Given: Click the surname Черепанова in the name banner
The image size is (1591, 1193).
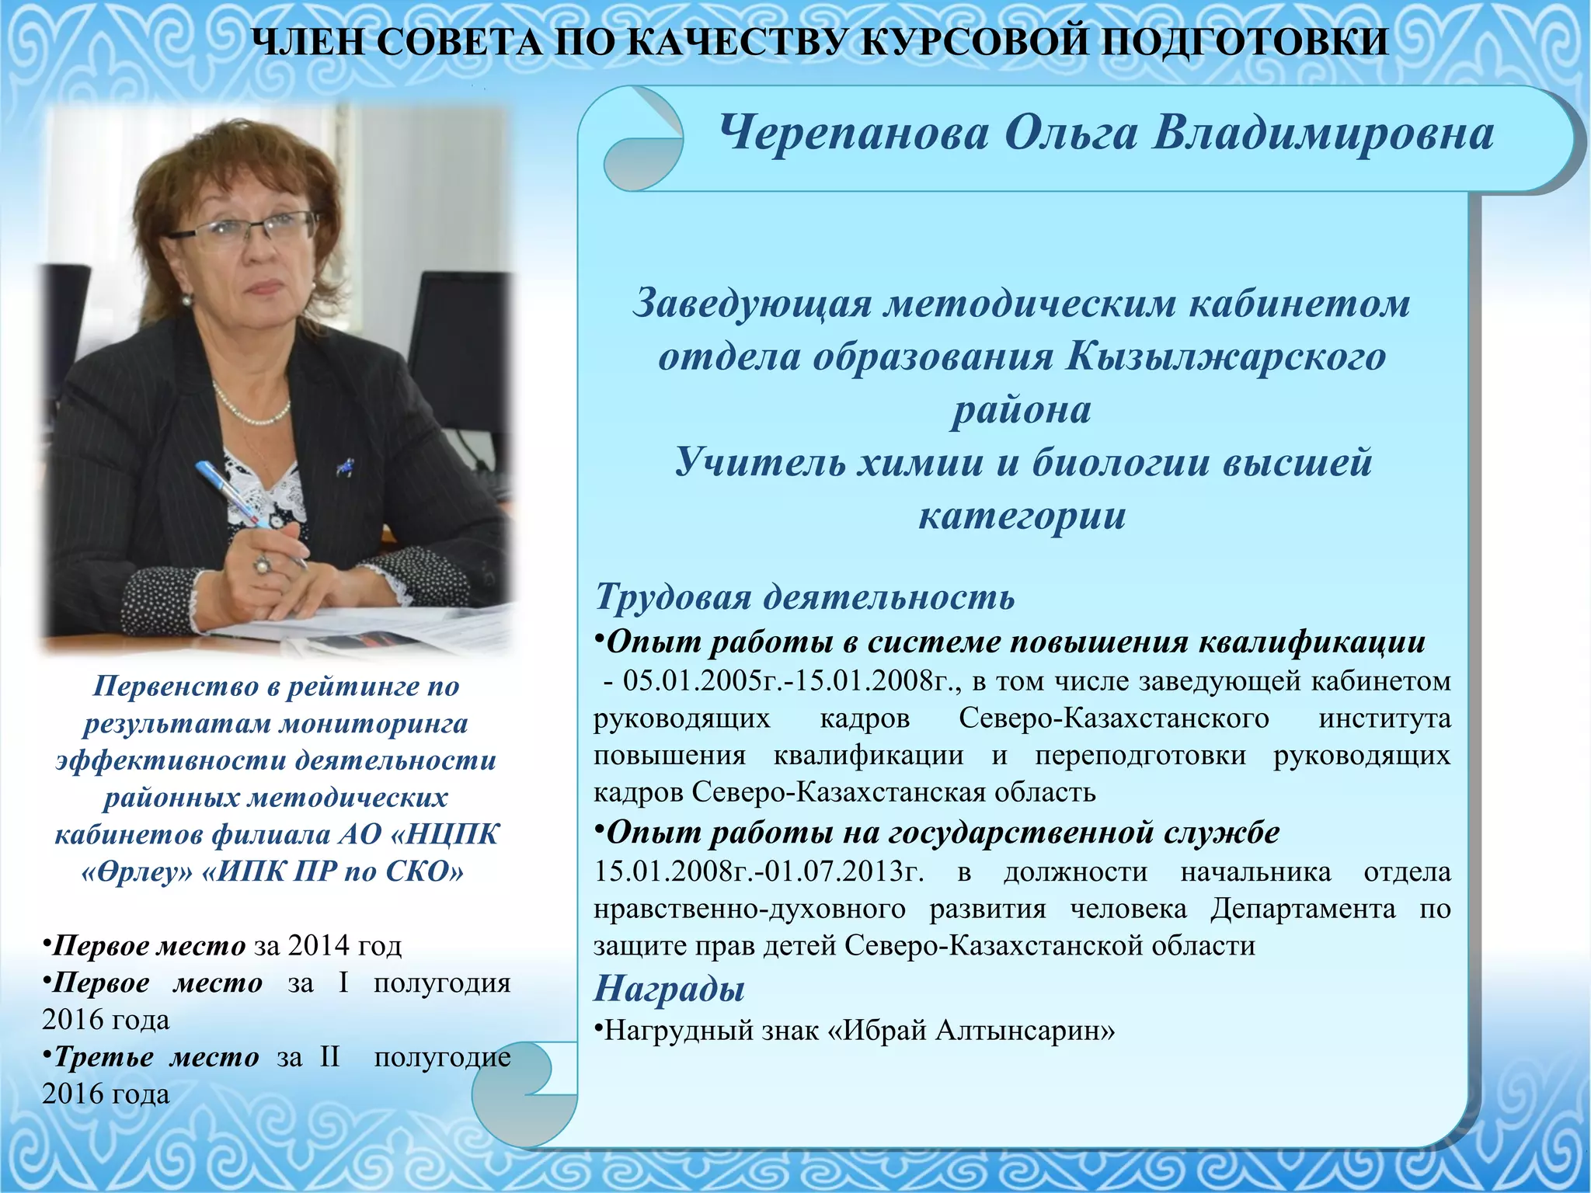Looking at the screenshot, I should click(x=854, y=134).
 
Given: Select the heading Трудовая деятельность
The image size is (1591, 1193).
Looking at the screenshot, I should click(x=805, y=597).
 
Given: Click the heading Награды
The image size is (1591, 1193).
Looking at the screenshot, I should click(x=669, y=989).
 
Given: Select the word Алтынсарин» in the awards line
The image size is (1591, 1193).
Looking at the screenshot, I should click(x=1025, y=1031).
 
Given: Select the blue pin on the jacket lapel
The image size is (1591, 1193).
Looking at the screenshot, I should click(x=344, y=467).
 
